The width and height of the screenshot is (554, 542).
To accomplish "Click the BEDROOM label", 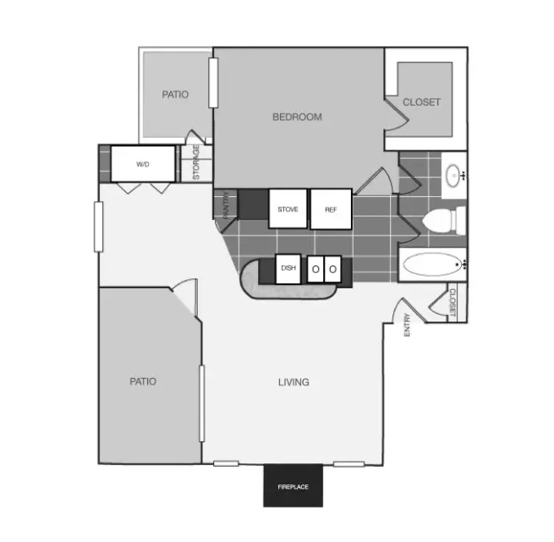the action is coord(297,117).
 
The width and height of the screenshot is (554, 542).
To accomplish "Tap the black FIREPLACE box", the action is coord(293,485).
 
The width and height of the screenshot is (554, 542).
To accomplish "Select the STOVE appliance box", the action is coord(288,209).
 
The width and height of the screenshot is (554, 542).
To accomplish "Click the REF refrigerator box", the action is coord(331,209).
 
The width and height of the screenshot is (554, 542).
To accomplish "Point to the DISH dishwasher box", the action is coord(288,269).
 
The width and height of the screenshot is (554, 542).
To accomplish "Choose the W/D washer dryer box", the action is coord(143,164).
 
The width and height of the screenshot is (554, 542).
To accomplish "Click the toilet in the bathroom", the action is coord(444,220).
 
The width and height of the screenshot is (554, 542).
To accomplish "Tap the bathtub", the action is coord(433,265).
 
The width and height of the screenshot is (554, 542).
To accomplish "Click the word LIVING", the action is coord(293,382).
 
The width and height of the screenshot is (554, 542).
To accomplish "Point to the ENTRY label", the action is coord(407,325).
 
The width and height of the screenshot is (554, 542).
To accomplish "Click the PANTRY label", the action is coord(227,205).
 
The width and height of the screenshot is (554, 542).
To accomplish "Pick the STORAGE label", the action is coord(196,162).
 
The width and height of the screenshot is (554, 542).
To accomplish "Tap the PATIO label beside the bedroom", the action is coord(175,95).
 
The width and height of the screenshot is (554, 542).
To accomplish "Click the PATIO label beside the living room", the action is coord(143,381).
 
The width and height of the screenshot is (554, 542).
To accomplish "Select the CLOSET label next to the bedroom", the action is coord(421,102).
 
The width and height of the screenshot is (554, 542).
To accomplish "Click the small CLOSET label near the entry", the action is coord(453,303).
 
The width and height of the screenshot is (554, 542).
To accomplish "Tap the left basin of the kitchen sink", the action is coord(315,269).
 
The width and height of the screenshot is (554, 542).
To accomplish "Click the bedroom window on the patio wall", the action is coord(213,83).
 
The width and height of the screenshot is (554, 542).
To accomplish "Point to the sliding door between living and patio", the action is coord(202,403).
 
